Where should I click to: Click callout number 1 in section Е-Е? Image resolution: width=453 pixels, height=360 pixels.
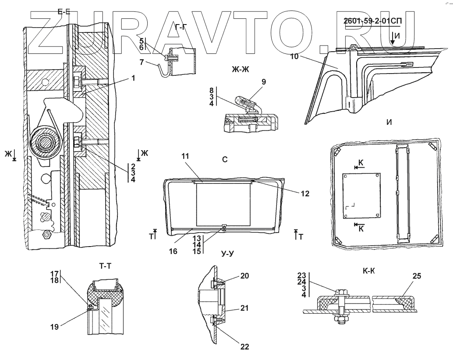pyautogui.click(x=133, y=78)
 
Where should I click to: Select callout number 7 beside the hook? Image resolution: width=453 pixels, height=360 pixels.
pyautogui.click(x=141, y=62)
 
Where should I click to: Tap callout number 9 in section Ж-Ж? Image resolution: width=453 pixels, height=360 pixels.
pyautogui.click(x=263, y=82)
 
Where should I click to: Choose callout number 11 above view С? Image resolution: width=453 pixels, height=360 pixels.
pyautogui.click(x=185, y=156)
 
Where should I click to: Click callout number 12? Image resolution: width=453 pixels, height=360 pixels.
pyautogui.click(x=305, y=194)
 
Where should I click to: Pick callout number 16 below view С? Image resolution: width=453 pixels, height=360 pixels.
pyautogui.click(x=173, y=251)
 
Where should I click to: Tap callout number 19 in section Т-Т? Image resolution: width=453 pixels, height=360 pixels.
pyautogui.click(x=54, y=327)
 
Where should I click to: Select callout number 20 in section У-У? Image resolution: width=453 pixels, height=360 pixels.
pyautogui.click(x=244, y=276)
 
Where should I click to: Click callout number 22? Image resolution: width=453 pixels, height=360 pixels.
pyautogui.click(x=244, y=347)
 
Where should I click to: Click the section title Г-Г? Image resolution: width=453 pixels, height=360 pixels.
pyautogui.click(x=181, y=27)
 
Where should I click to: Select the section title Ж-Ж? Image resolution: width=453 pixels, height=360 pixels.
pyautogui.click(x=241, y=69)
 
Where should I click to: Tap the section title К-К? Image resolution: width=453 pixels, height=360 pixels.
pyautogui.click(x=368, y=271)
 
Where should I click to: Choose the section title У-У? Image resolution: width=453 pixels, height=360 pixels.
pyautogui.click(x=227, y=254)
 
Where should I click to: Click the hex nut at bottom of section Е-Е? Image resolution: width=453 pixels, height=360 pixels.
pyautogui.click(x=46, y=234)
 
